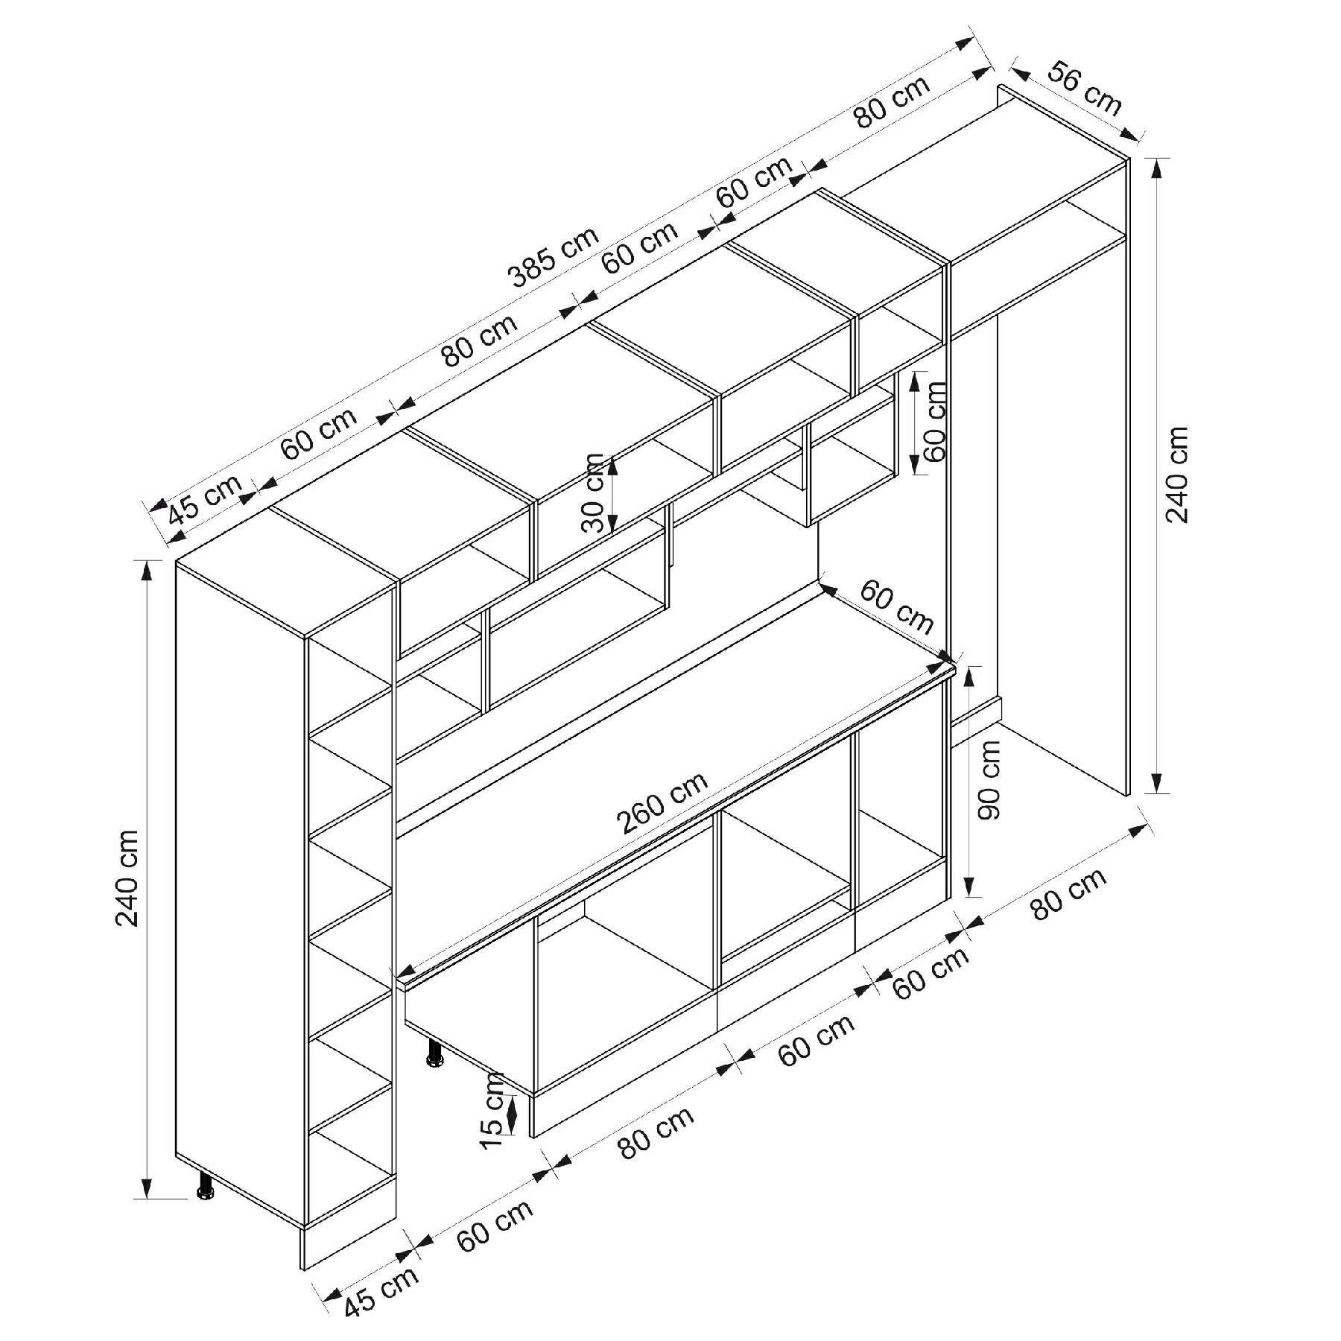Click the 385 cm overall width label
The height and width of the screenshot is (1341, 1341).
pyautogui.click(x=554, y=256)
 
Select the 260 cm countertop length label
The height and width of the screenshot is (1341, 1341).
pyautogui.click(x=662, y=804)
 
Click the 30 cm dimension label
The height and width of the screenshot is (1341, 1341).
pyautogui.click(x=594, y=492)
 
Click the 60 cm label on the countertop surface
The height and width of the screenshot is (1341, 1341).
pyautogui.click(x=896, y=606)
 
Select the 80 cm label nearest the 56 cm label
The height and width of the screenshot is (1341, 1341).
pyautogui.click(x=892, y=102)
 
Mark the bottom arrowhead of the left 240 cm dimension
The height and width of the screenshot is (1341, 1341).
pyautogui.click(x=148, y=1205)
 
